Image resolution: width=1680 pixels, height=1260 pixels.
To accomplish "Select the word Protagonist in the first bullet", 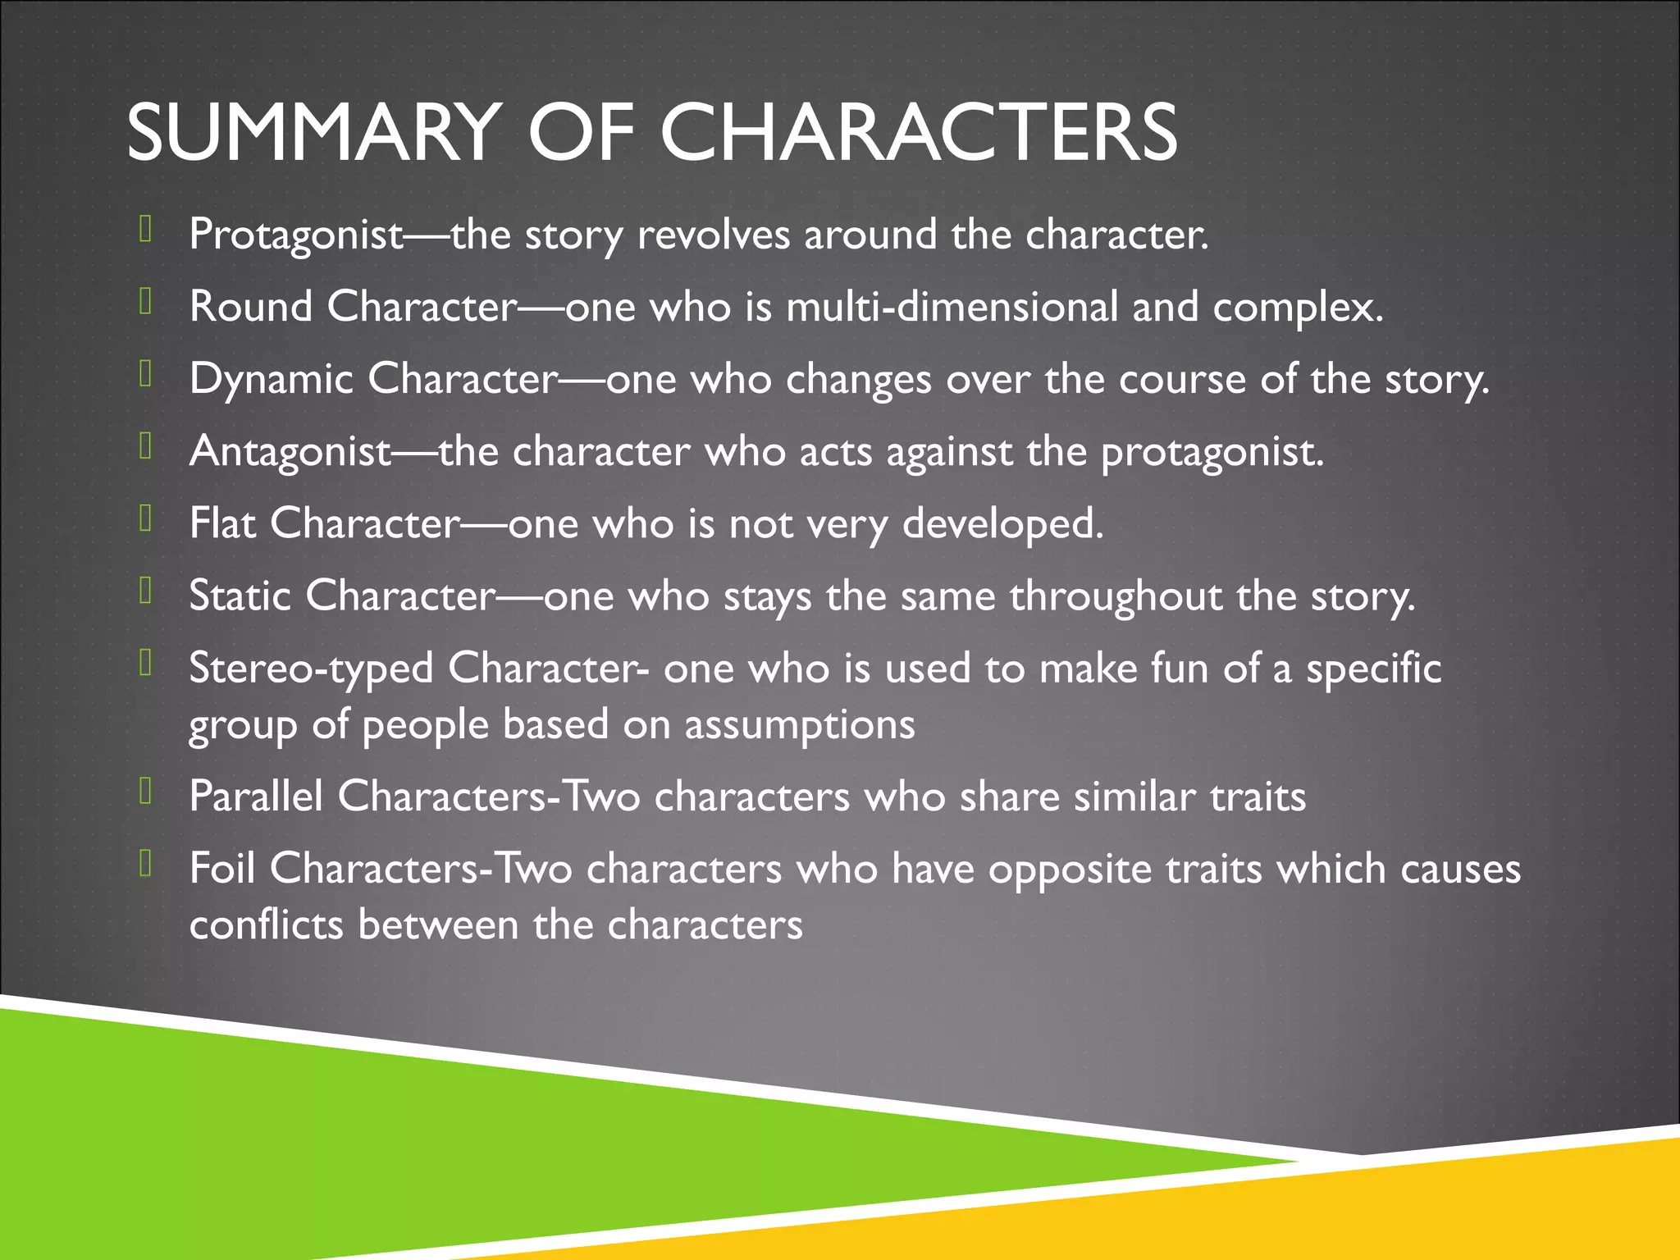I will tap(296, 235).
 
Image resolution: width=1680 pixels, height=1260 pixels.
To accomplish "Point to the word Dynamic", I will tap(272, 380).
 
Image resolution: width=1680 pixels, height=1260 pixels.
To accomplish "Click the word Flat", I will tap(222, 523).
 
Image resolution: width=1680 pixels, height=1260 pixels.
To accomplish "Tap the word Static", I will tap(240, 596).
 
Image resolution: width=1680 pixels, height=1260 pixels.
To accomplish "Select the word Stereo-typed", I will tap(311, 669).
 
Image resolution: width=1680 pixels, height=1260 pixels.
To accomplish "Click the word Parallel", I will tap(256, 797).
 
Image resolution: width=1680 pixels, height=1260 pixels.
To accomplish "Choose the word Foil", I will tap(222, 868).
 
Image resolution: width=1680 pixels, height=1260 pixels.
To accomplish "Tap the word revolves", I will tap(714, 235).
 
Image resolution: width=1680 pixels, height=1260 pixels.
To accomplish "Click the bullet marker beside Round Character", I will tap(146, 302).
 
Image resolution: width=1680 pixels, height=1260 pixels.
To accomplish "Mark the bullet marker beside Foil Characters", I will tap(146, 863).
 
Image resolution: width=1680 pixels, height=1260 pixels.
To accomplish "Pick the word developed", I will tap(1002, 524).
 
